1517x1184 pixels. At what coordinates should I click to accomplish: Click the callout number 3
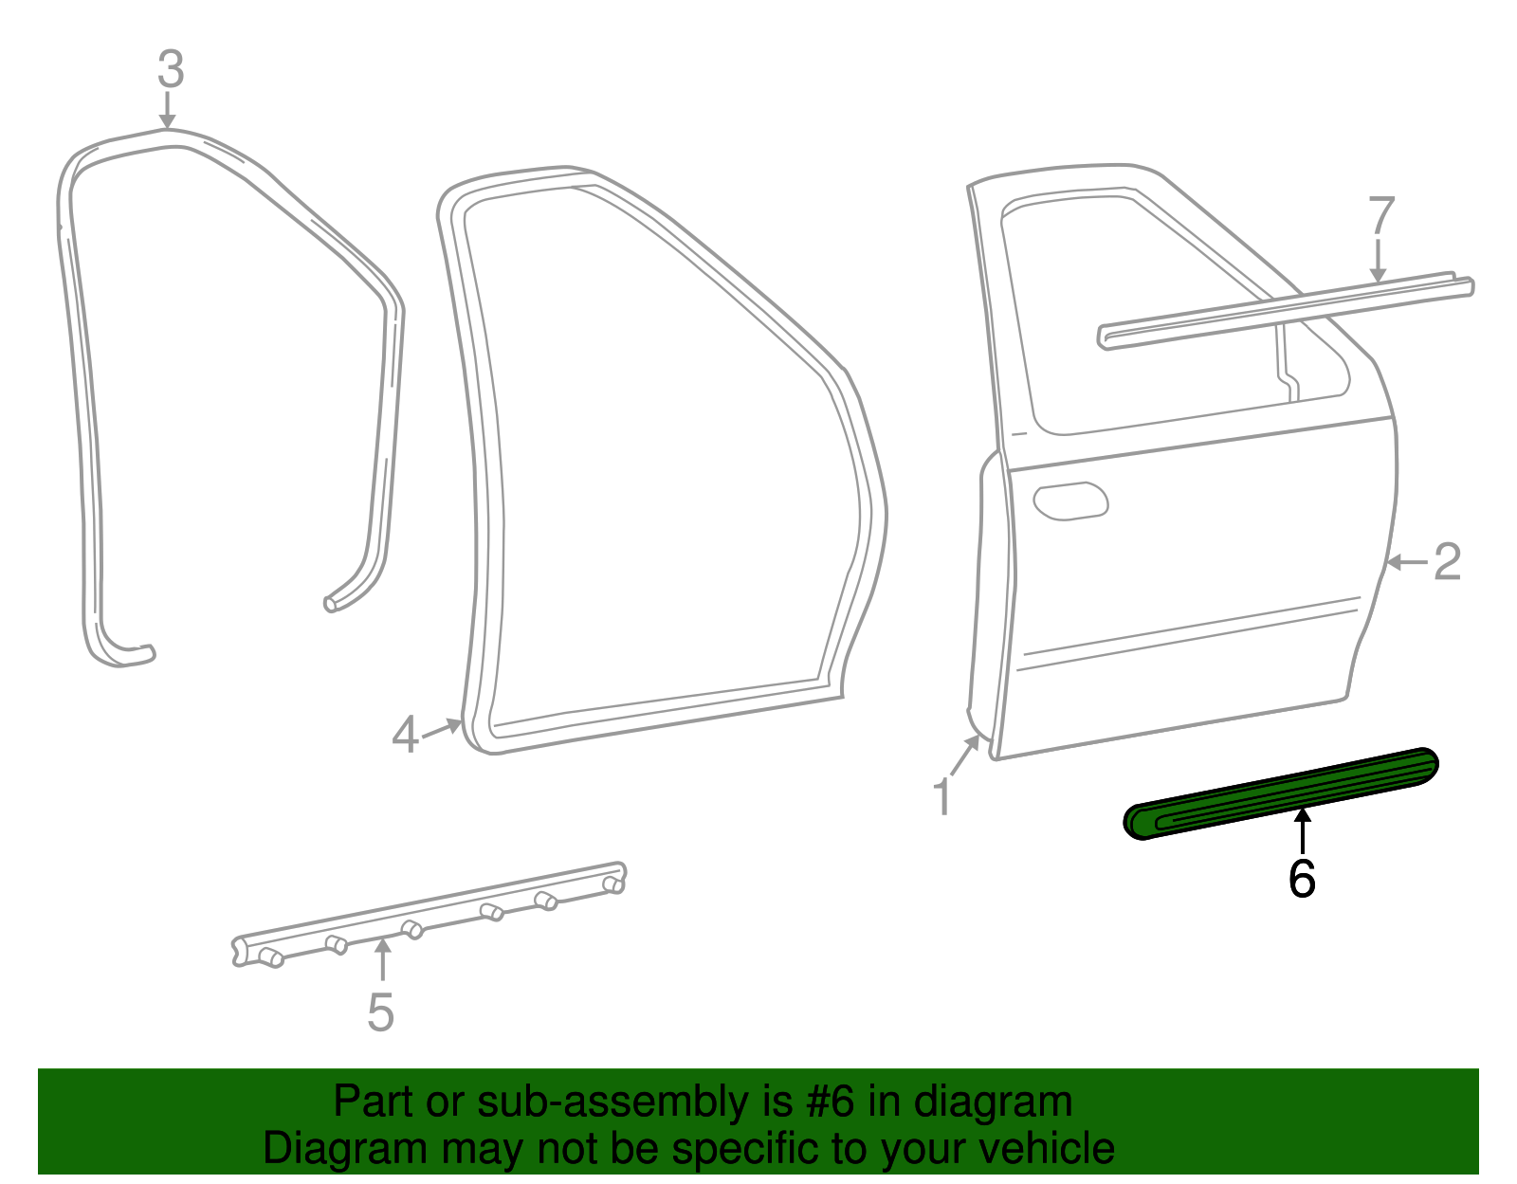click(x=170, y=69)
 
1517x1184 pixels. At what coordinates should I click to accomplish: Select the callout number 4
click(x=405, y=735)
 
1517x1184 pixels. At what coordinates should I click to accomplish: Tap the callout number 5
click(x=380, y=1012)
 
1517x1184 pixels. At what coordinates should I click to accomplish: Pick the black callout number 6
click(x=1302, y=879)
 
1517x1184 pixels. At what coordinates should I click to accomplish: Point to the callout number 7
click(x=1381, y=216)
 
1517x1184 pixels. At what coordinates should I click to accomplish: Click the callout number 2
click(x=1447, y=562)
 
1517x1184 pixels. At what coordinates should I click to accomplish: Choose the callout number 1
click(x=941, y=796)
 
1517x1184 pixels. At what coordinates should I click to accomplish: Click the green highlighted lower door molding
click(x=1280, y=793)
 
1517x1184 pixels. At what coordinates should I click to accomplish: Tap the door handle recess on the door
click(x=1070, y=501)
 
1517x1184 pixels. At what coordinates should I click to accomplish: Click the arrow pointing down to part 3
click(x=168, y=109)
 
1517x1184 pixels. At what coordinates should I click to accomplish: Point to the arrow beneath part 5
click(x=382, y=959)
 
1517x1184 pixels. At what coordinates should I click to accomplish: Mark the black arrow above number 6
click(x=1304, y=830)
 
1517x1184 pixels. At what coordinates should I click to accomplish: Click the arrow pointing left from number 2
click(x=1406, y=563)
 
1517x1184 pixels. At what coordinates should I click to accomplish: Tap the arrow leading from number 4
click(x=442, y=729)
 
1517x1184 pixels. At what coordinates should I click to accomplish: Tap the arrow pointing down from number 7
click(x=1378, y=261)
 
